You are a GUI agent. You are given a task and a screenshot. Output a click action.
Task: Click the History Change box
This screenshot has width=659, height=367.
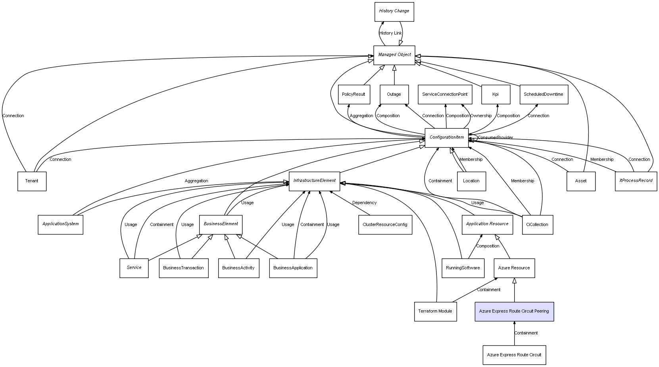click(394, 12)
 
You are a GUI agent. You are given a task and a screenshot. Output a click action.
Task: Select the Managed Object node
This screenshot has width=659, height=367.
click(394, 55)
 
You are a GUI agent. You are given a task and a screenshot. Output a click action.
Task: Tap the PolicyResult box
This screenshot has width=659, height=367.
click(354, 95)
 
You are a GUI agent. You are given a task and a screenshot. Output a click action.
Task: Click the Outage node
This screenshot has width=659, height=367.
click(394, 95)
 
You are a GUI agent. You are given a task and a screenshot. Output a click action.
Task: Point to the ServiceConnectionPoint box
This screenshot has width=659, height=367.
click(445, 95)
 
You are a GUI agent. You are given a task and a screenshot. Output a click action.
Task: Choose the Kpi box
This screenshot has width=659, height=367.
click(496, 95)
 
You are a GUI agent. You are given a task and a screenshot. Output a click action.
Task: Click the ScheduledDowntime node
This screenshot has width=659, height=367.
click(544, 95)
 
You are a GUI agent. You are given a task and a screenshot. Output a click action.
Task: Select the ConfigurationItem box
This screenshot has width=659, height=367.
click(446, 137)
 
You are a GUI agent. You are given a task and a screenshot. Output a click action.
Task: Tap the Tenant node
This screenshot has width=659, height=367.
click(32, 181)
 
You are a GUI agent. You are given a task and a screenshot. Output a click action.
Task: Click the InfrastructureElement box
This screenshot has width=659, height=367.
click(314, 181)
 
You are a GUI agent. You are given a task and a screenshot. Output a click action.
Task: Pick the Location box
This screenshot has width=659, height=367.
click(471, 181)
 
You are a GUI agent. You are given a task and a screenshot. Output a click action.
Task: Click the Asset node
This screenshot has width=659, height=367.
click(580, 181)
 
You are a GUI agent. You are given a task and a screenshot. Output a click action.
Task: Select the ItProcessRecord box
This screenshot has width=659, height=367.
click(636, 181)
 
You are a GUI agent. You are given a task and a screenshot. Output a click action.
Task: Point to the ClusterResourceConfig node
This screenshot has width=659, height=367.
click(385, 224)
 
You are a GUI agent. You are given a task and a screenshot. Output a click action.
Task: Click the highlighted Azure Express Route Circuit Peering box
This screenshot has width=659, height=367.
click(514, 311)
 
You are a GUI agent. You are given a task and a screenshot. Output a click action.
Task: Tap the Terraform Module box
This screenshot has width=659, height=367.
click(435, 311)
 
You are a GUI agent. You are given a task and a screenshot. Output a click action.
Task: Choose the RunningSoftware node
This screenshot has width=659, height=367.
click(463, 268)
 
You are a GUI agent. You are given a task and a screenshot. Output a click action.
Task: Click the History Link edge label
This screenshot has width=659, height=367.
click(390, 33)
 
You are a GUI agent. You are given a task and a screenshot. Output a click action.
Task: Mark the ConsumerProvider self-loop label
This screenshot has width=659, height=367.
click(495, 138)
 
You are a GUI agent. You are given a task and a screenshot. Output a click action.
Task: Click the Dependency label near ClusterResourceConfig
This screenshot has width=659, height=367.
click(364, 203)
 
